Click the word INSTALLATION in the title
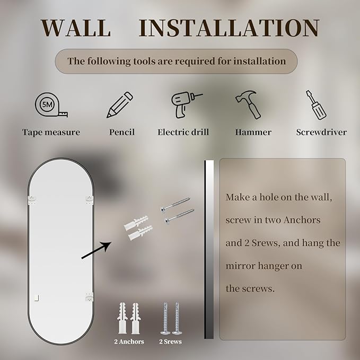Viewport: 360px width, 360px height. tap(229, 28)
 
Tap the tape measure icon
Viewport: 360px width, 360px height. tap(51, 105)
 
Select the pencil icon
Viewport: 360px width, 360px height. tap(120, 105)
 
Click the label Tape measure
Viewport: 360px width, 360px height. tap(51, 132)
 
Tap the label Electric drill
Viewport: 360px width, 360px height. tap(183, 132)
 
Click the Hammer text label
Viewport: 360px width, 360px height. tap(253, 132)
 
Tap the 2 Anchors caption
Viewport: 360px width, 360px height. tap(129, 341)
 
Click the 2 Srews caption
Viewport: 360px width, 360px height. tap(171, 341)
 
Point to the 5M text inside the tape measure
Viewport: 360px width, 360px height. tap(47, 104)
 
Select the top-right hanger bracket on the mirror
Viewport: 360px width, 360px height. tap(89, 199)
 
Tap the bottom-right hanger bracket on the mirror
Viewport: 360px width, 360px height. tap(89, 297)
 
